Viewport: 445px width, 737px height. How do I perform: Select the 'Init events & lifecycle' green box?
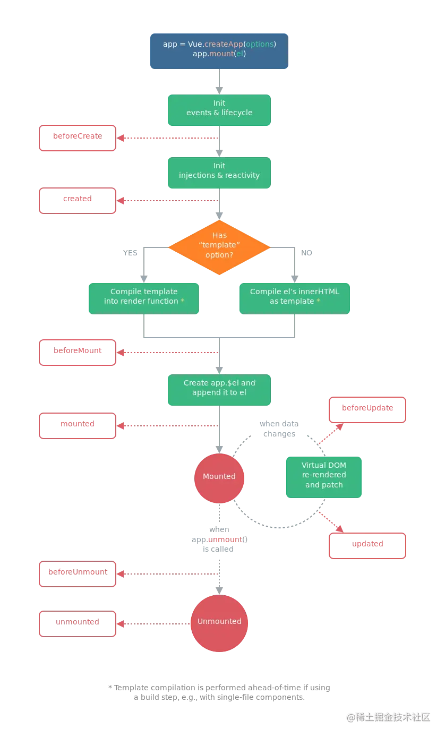click(x=219, y=110)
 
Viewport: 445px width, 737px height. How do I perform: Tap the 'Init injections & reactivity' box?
click(x=219, y=173)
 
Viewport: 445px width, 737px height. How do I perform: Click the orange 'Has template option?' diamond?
click(x=219, y=247)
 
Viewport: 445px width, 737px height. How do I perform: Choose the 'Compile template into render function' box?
click(x=144, y=297)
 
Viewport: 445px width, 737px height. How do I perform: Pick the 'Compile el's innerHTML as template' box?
click(x=295, y=297)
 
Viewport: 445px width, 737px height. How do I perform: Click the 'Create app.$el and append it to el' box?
click(x=219, y=390)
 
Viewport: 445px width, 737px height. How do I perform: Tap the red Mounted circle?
click(x=219, y=477)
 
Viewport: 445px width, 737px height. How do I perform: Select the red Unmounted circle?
click(x=219, y=622)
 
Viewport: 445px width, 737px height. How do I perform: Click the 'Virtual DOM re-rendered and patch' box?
click(x=324, y=476)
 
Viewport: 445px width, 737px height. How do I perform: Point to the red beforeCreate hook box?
click(x=78, y=138)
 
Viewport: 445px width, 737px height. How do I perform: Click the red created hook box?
click(x=78, y=201)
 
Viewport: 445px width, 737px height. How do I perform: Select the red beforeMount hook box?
click(x=78, y=353)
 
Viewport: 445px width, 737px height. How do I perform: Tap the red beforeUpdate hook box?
click(x=367, y=409)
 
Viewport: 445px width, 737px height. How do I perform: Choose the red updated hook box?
click(x=367, y=545)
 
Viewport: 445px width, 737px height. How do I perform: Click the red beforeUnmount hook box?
click(x=78, y=575)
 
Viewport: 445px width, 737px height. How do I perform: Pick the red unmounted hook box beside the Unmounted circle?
click(x=78, y=622)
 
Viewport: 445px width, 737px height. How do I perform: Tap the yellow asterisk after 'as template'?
click(x=319, y=301)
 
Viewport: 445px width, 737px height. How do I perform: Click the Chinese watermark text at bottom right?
click(x=388, y=717)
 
